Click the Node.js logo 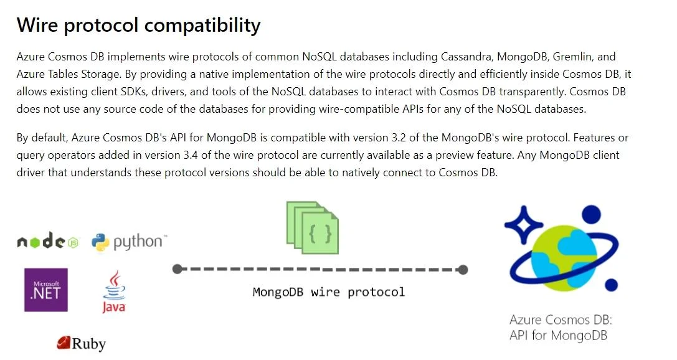coord(48,241)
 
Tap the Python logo coord(129,242)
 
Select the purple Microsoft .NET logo coord(45,290)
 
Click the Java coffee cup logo coord(114,291)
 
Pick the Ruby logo coord(81,344)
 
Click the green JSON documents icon coord(313,227)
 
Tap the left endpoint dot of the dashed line coord(177,269)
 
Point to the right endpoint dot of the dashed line coord(463,270)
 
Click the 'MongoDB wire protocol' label coord(329,292)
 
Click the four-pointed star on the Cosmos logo coord(524,225)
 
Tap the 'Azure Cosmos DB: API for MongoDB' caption coord(561,328)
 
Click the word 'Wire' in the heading coord(37,25)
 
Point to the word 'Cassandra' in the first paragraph coord(466,57)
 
